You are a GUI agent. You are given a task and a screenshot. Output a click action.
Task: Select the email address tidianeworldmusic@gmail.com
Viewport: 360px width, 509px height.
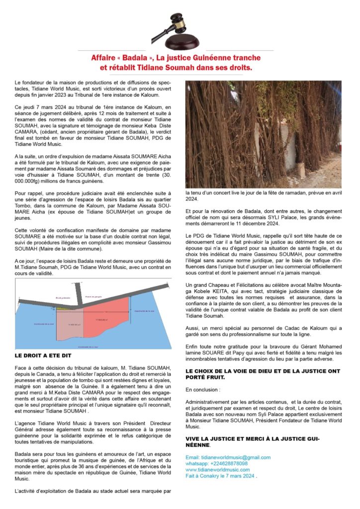coord(228,457)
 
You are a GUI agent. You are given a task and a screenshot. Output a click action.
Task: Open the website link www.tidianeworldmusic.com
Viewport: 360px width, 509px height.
coord(218,469)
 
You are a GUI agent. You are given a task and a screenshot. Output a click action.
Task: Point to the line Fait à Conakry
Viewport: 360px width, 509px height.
coord(221,476)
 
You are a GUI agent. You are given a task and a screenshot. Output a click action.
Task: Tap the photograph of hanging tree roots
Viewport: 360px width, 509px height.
coord(263,134)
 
